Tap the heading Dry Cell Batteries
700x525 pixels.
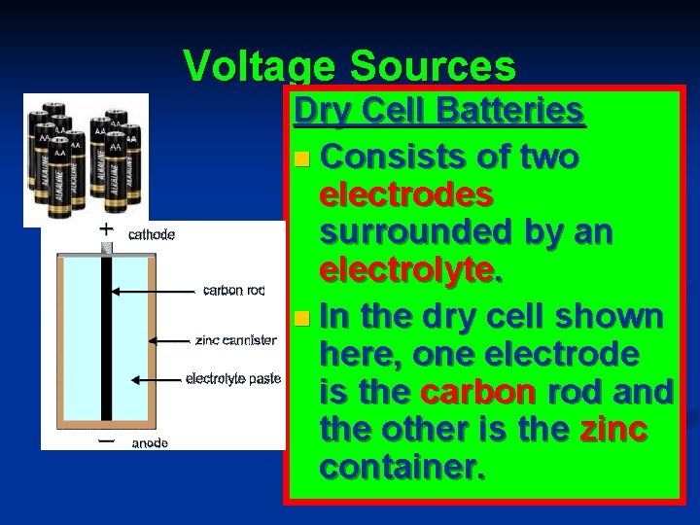pyautogui.click(x=438, y=112)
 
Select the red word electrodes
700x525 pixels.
pyautogui.click(x=406, y=194)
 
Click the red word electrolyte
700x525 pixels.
pyautogui.click(x=411, y=274)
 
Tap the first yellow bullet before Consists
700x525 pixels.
pyautogui.click(x=305, y=157)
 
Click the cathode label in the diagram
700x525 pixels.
pyautogui.click(x=152, y=233)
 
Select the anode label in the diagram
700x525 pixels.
pyautogui.click(x=150, y=443)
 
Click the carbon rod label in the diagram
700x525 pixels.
pyautogui.click(x=233, y=289)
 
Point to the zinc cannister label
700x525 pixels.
pyautogui.click(x=237, y=340)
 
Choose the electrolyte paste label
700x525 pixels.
pyautogui.click(x=233, y=377)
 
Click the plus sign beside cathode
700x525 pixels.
pyautogui.click(x=107, y=230)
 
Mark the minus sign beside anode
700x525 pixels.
pyautogui.click(x=107, y=439)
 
